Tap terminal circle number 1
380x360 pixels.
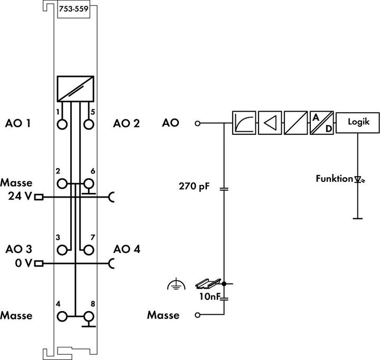click(x=63, y=124)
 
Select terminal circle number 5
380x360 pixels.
click(x=88, y=124)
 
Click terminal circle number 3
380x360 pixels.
click(x=63, y=249)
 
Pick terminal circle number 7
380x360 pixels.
click(x=88, y=249)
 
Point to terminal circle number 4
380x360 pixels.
click(x=63, y=316)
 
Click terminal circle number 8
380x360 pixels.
click(x=88, y=316)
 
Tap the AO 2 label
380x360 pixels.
click(x=127, y=124)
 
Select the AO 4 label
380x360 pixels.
click(x=127, y=249)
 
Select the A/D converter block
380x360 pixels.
click(x=321, y=123)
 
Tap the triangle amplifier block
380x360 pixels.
click(x=270, y=123)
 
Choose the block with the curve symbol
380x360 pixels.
click(x=244, y=123)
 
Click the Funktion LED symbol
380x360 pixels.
click(x=358, y=180)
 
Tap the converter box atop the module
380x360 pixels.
click(x=76, y=88)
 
